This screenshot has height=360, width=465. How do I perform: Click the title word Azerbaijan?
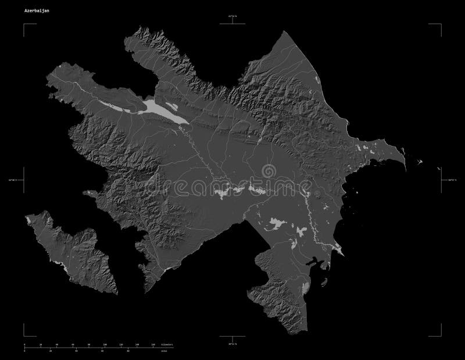tap(36, 11)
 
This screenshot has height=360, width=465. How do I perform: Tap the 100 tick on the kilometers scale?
tap(105, 345)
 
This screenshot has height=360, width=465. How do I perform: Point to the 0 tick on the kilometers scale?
tap(24, 345)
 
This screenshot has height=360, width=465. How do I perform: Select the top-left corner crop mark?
tap(24, 24)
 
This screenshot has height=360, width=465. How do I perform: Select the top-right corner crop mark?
tap(440, 24)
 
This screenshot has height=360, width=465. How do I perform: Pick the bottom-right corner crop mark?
tap(440, 335)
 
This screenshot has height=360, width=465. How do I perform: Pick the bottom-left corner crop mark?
tap(24, 335)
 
